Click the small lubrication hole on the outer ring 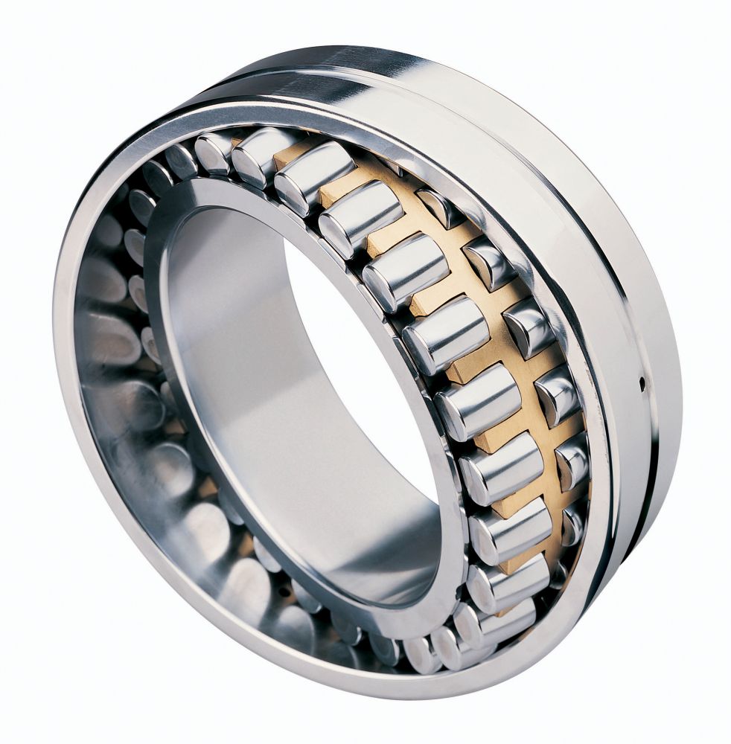(642, 383)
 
